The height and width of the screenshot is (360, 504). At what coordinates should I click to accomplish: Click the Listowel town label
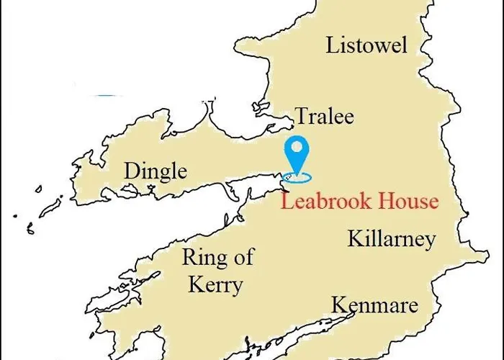click(366, 45)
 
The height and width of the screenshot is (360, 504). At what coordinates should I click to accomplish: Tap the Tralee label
click(325, 116)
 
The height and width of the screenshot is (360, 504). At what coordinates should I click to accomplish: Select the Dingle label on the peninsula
click(156, 171)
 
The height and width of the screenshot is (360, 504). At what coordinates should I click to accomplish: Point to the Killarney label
click(392, 238)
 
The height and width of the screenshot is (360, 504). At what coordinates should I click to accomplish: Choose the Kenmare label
click(374, 305)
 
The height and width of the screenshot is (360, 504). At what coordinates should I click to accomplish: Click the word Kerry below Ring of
click(215, 284)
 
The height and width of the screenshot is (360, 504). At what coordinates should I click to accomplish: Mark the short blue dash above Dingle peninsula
click(106, 94)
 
